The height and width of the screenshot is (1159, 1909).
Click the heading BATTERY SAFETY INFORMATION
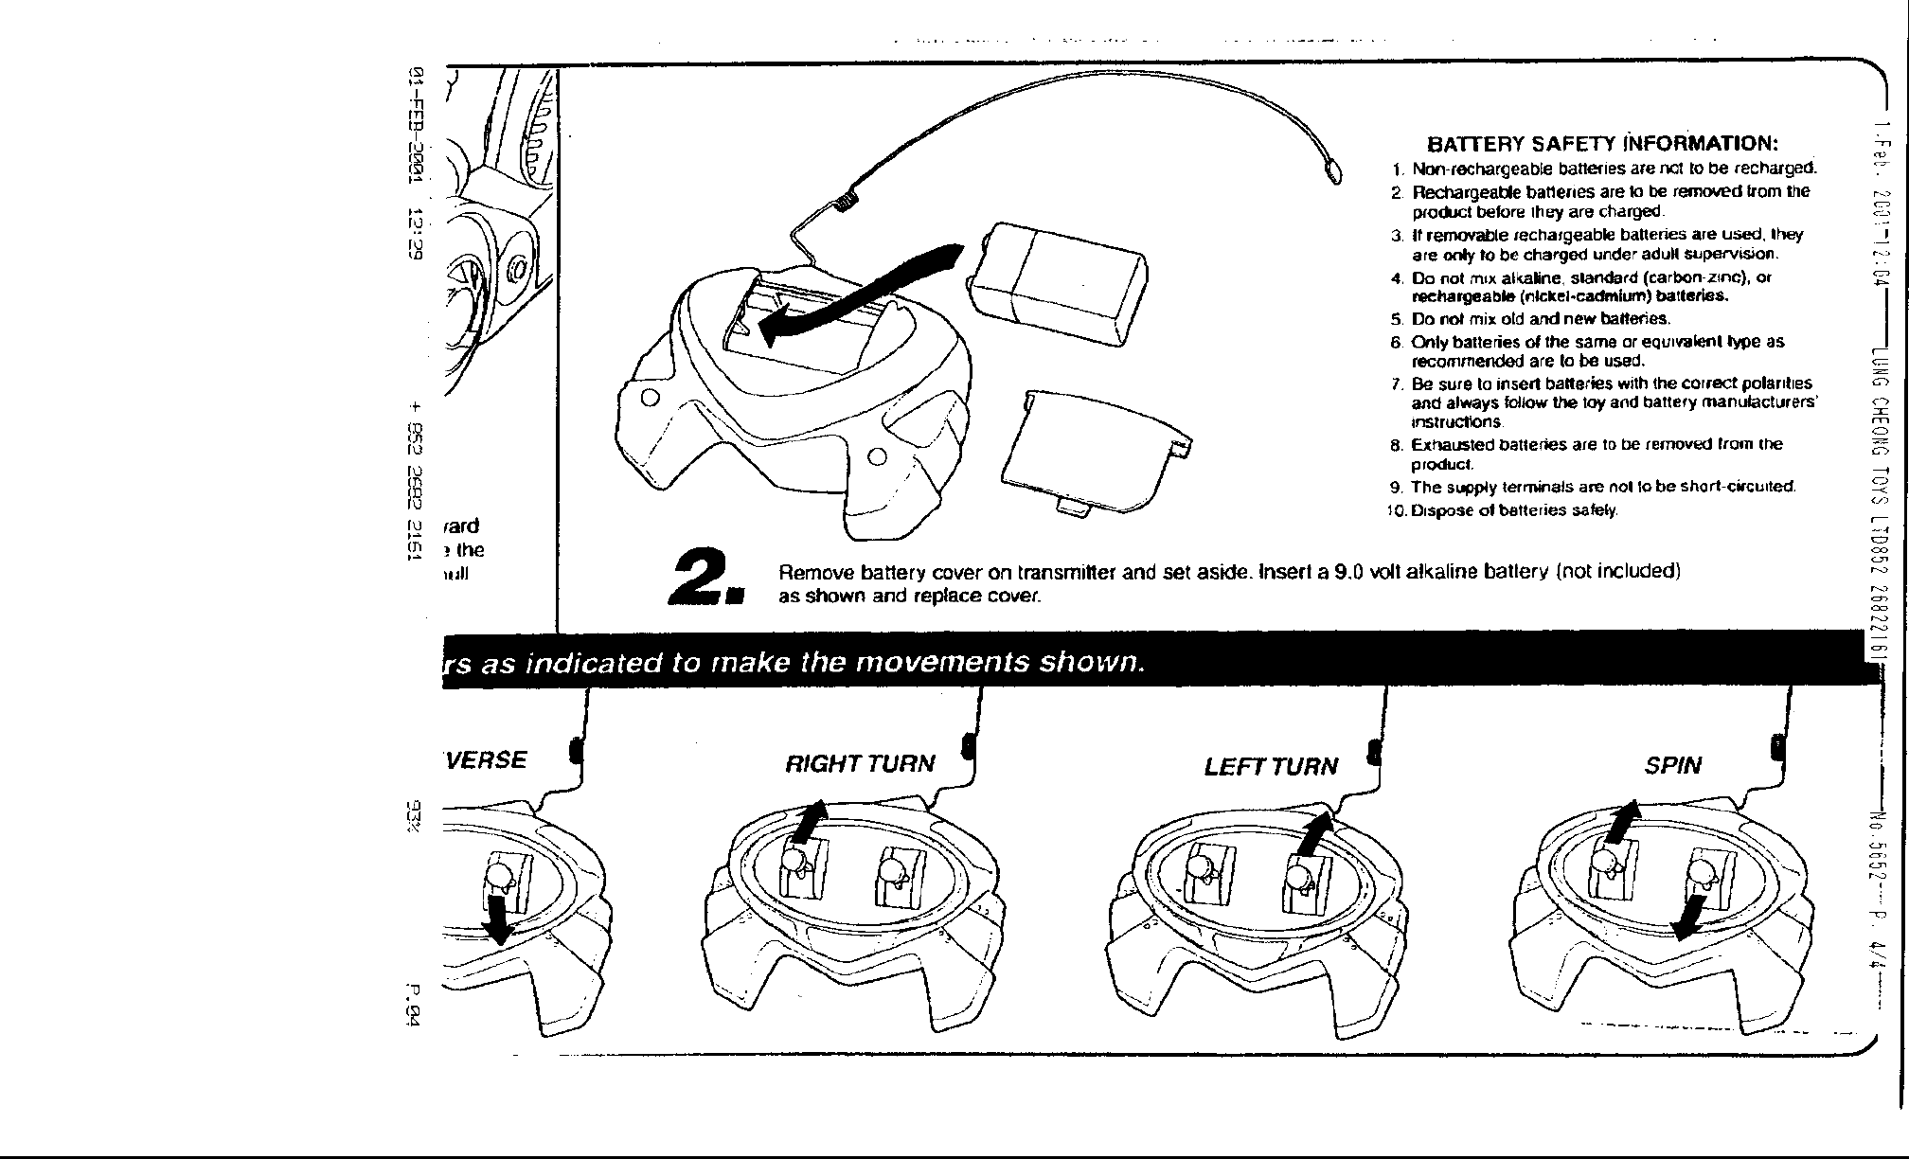1602,144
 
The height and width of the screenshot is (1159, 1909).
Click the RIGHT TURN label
860,764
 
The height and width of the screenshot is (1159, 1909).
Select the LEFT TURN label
1271,766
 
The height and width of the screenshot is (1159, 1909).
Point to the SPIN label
1673,765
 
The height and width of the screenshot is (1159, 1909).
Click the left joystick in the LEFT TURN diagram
1204,870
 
